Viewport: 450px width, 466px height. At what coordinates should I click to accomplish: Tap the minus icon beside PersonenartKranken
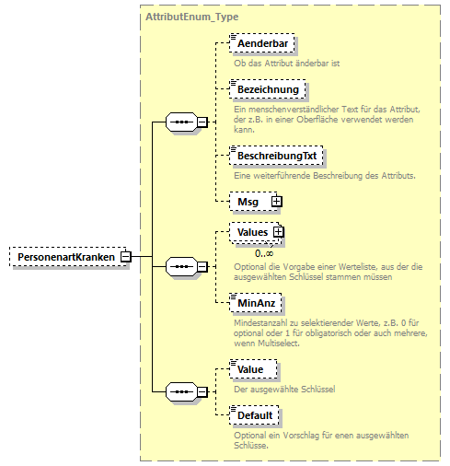[126, 257]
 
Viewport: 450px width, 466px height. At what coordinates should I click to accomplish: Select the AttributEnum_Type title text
[187, 17]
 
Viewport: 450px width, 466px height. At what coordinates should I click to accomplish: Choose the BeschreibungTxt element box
[276, 156]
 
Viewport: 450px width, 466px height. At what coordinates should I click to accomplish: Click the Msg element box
[245, 201]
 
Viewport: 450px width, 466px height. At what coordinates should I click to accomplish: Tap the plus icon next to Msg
[275, 201]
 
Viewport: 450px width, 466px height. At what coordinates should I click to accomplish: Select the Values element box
[249, 234]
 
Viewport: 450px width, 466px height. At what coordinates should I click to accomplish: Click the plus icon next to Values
[278, 234]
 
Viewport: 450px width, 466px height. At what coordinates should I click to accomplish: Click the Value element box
[250, 369]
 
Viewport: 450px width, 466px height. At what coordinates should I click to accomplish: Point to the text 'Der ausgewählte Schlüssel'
[284, 388]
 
